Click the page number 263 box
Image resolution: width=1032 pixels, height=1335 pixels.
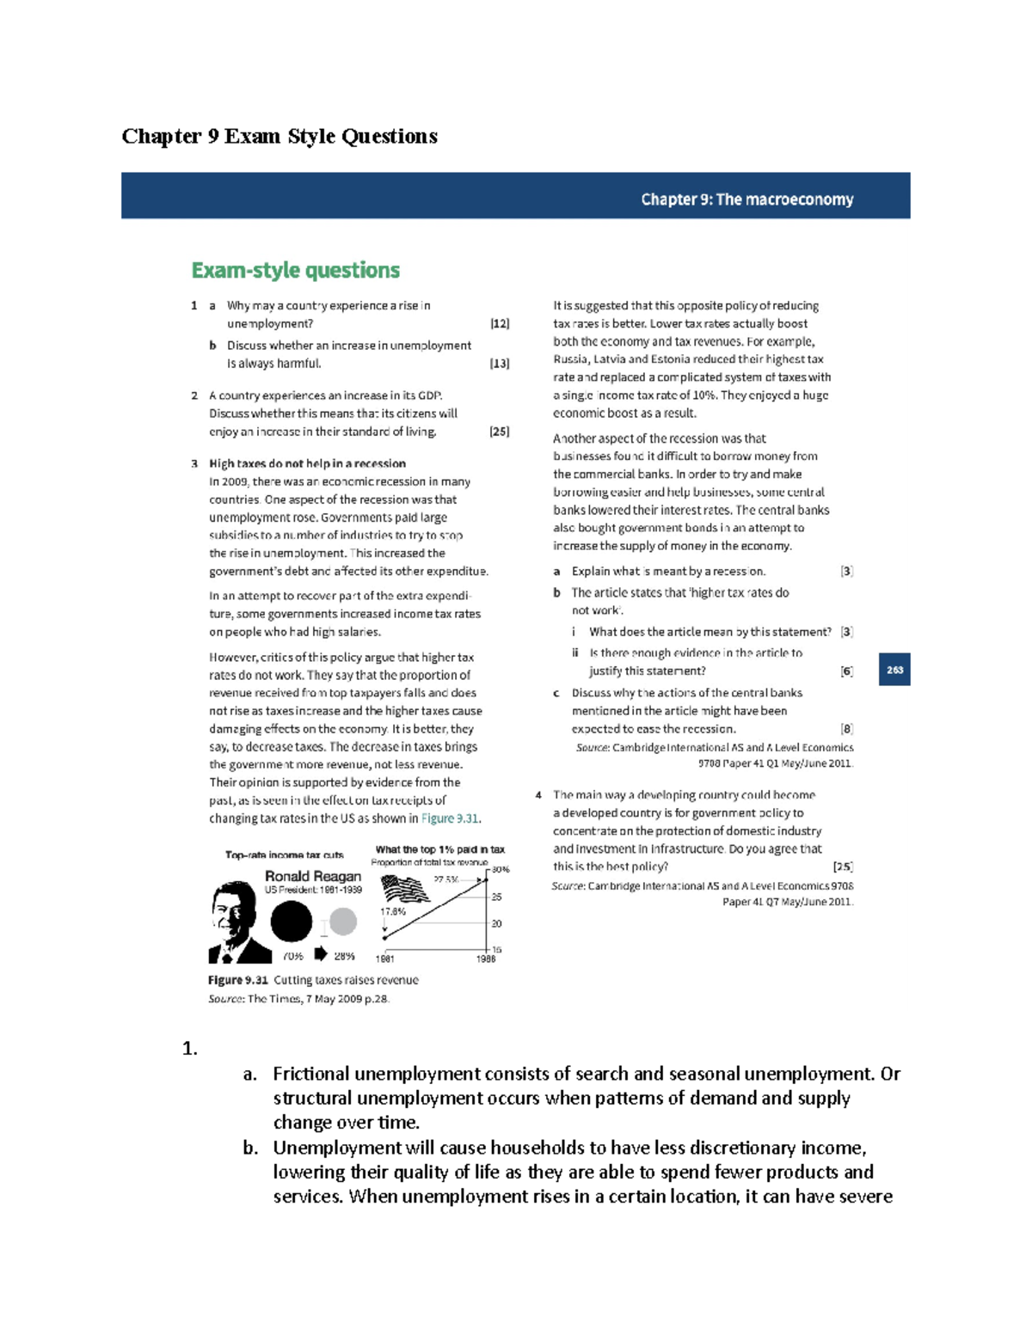(x=894, y=670)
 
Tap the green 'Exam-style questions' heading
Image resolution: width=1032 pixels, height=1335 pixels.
(x=295, y=271)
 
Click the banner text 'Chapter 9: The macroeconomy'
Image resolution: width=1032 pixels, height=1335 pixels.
(x=746, y=199)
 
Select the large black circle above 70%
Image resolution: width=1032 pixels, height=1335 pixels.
(x=292, y=922)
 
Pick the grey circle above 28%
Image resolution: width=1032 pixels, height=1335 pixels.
(x=343, y=922)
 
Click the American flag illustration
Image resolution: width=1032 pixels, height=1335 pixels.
(x=404, y=888)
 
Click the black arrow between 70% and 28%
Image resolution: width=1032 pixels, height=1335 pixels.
(x=321, y=953)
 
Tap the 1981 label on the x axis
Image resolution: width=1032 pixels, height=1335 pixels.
(x=384, y=958)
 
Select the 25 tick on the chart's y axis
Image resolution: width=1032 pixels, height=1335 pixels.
(x=496, y=897)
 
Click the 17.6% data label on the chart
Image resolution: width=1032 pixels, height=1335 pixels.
(x=392, y=911)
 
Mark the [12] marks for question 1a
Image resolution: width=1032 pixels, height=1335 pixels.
(x=500, y=324)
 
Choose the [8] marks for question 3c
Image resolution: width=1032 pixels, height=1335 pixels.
(x=846, y=729)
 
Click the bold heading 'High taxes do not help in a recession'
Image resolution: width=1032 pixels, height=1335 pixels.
(x=307, y=463)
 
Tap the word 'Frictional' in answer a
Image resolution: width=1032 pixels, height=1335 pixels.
(x=311, y=1074)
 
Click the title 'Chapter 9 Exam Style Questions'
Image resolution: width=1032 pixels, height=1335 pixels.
(x=279, y=136)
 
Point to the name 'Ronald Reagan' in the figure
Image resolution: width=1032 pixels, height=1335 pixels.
(x=313, y=876)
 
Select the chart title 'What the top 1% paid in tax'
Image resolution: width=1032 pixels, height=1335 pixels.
(x=439, y=849)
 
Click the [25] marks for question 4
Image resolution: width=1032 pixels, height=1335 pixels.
(x=843, y=867)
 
